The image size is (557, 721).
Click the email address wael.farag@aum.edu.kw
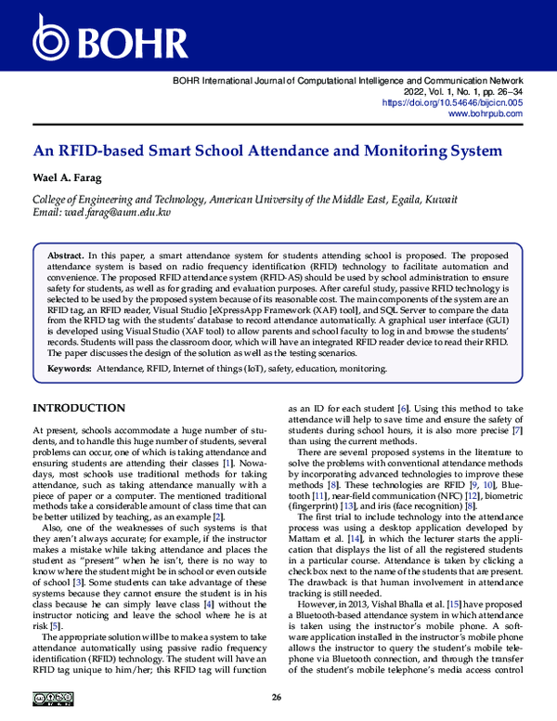tap(115, 213)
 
